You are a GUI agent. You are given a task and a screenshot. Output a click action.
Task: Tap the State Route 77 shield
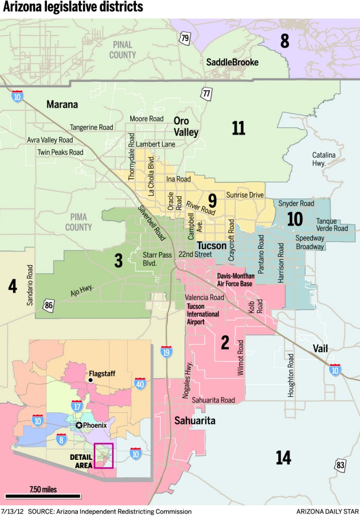[x=207, y=93]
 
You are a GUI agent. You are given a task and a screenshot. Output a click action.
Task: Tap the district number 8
[x=284, y=41]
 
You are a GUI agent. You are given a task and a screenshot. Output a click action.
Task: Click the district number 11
[x=238, y=128]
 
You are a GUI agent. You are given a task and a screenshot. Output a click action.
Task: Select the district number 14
[x=283, y=457]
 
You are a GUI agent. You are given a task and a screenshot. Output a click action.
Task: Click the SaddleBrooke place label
[x=232, y=62]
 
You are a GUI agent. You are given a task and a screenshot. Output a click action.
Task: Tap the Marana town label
[x=62, y=105]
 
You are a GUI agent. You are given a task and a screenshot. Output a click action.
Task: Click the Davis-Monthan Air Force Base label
[x=234, y=280]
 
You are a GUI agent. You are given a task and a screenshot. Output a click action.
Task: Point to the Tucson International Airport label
[x=202, y=314]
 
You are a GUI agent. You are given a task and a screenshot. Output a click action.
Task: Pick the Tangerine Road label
[x=91, y=127]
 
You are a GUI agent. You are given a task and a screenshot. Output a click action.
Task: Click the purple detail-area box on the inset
[x=103, y=455]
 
